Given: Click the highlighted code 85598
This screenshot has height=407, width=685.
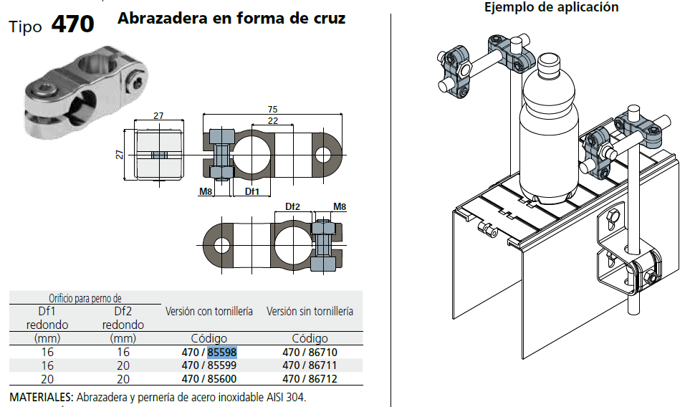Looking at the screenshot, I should tap(222, 353).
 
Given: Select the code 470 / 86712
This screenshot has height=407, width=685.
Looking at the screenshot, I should tap(310, 378).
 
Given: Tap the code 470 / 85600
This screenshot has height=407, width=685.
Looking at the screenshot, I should tap(209, 378).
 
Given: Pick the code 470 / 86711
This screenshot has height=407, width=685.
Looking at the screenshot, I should tap(310, 365).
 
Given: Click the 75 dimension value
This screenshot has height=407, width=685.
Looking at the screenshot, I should tap(273, 109).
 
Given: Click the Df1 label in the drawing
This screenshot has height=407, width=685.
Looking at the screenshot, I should tap(252, 191).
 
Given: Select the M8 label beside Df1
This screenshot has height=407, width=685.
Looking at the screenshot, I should tap(206, 191).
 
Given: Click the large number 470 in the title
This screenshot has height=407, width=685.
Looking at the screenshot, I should tap(72, 24).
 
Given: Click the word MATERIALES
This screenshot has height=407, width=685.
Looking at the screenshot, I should tap(41, 397).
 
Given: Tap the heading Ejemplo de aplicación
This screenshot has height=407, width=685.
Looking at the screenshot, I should tap(551, 8).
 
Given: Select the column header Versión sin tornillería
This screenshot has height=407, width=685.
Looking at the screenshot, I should tap(310, 312).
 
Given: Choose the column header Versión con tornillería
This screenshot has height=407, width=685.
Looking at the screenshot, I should tap(209, 312).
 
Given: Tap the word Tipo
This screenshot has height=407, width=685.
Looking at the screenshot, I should tap(27, 27).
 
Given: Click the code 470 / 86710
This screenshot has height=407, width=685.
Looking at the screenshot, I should tap(310, 353).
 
